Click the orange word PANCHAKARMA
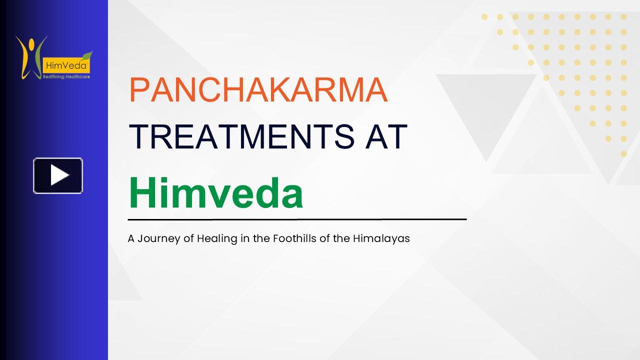[258, 90]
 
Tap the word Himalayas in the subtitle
[381, 238]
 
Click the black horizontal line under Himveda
[297, 219]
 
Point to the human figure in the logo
[29, 55]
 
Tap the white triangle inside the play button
[59, 175]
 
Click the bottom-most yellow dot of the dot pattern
[623, 154]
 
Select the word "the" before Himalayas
[341, 238]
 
